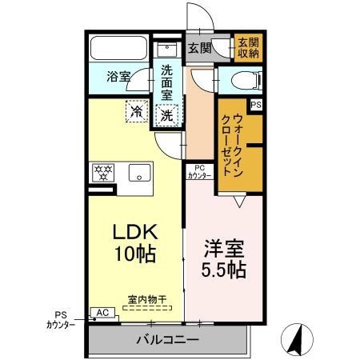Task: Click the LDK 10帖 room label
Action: coord(135,242)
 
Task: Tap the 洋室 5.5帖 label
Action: coord(223,259)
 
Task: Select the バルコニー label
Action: coord(167,340)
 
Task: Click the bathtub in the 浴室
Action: coord(118,48)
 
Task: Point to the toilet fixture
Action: coord(246,80)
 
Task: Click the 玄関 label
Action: coord(200,48)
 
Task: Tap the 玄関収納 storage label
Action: coord(249,48)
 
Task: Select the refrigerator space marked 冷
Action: coord(137,111)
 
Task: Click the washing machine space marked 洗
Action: coord(167,115)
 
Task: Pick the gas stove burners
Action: coord(103,173)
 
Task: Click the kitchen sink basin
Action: coord(139,173)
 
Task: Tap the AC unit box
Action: coord(102,313)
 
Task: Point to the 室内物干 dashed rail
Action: coord(147,308)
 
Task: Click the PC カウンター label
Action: coord(199,172)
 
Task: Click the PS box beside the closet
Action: coord(256,105)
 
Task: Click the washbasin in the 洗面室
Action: coord(167,49)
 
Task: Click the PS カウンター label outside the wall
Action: coord(61,320)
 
